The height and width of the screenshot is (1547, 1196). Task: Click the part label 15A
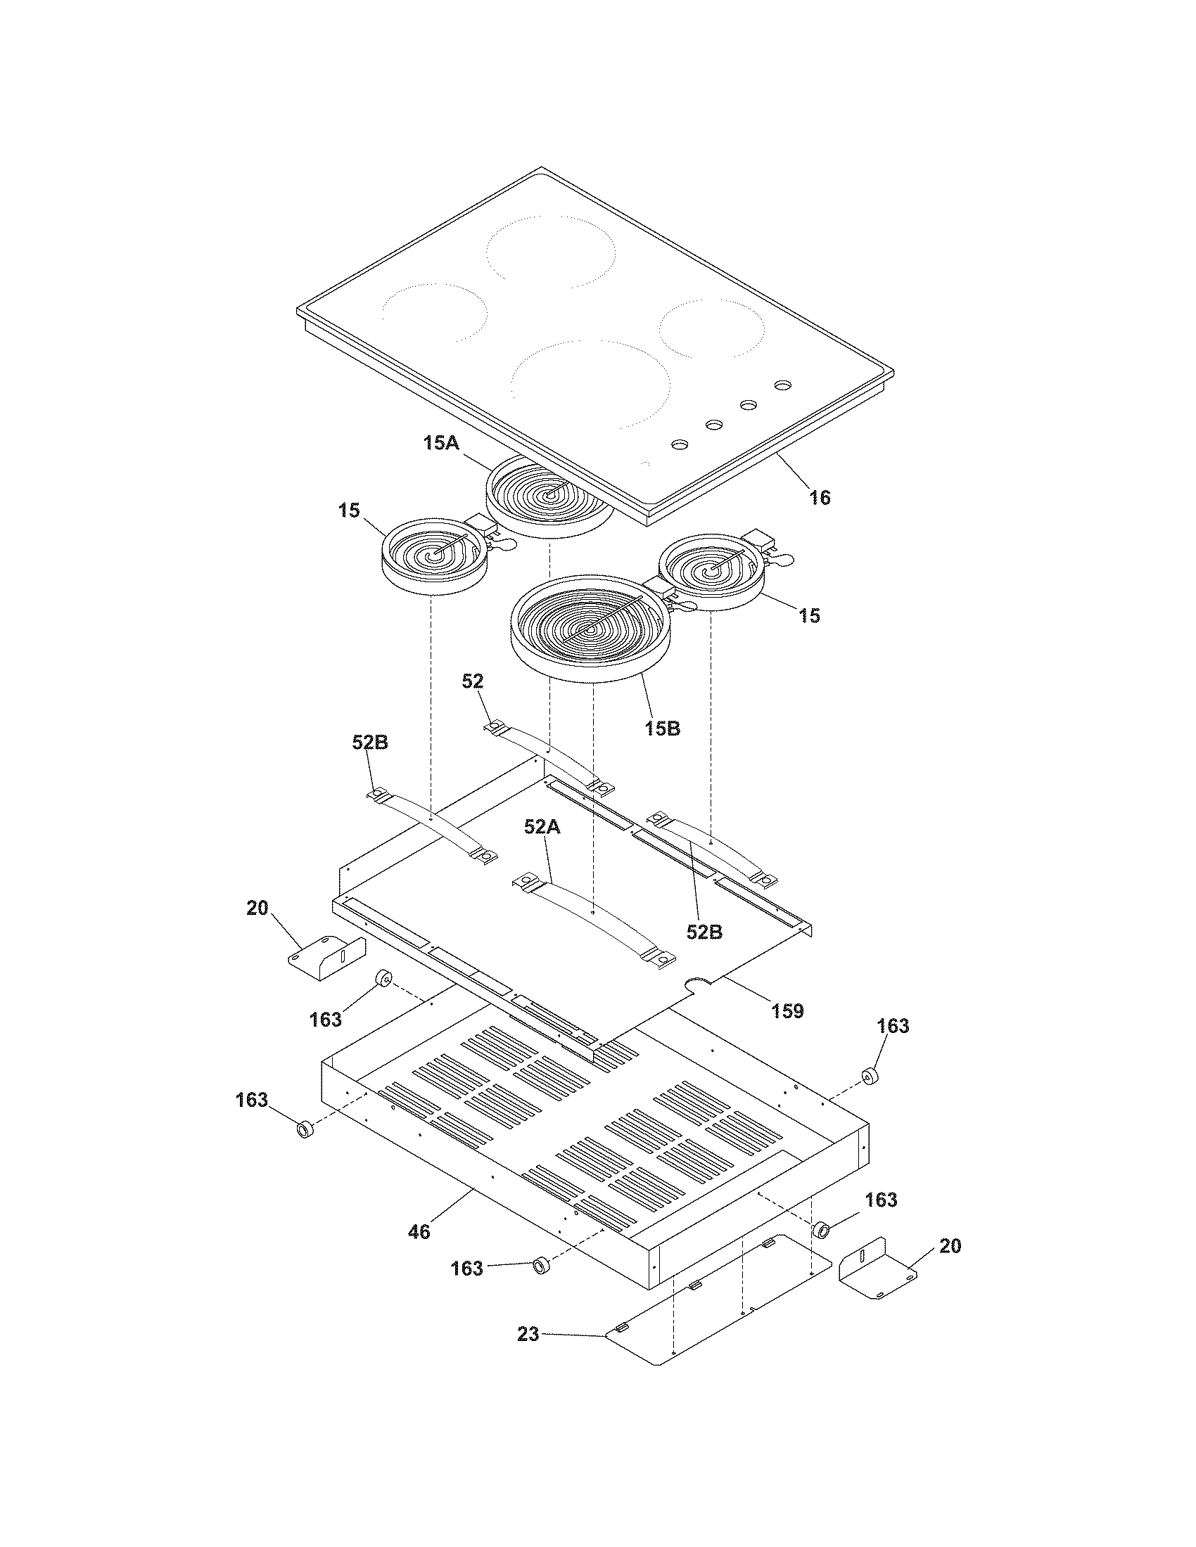[440, 444]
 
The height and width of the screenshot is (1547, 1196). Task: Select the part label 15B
[663, 728]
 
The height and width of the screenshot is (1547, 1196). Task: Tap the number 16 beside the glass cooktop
[820, 498]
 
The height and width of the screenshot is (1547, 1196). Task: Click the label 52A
[542, 827]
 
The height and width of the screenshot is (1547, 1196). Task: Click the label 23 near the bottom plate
[528, 1335]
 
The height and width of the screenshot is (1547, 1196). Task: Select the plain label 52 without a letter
[473, 681]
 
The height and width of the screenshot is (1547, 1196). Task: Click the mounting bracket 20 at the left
[326, 958]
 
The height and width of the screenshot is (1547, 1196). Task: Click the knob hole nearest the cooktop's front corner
[679, 444]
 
